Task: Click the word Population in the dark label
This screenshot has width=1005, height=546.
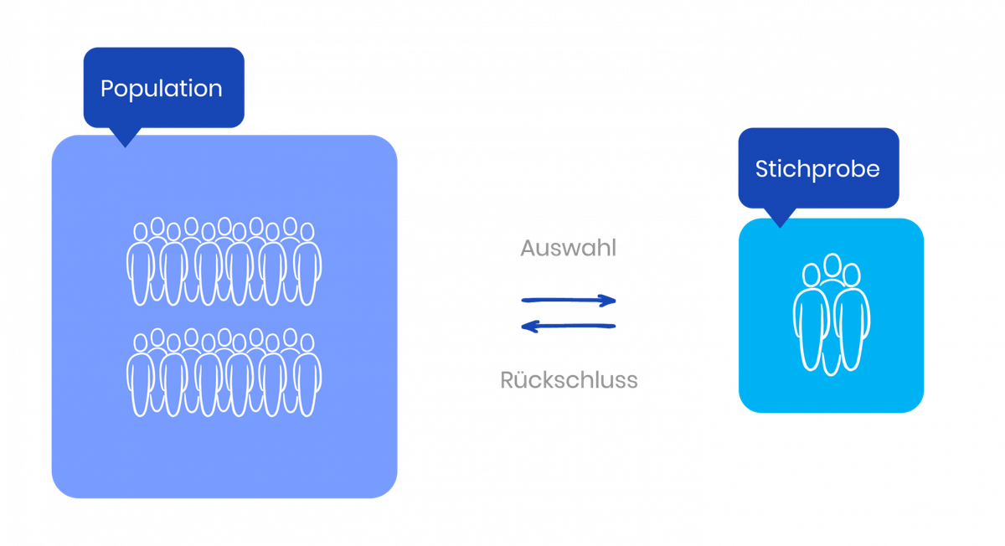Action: click(x=162, y=90)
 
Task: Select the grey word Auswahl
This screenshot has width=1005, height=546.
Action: click(x=568, y=248)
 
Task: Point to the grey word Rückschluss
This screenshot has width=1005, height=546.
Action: click(x=569, y=380)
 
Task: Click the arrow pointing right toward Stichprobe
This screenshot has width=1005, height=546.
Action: click(x=569, y=300)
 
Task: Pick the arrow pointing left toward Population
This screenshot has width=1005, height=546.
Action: click(x=568, y=326)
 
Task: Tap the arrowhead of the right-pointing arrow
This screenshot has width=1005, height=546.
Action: click(x=608, y=301)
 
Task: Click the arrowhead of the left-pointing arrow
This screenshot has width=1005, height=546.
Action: click(x=529, y=326)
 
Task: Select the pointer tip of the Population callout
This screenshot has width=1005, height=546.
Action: click(x=126, y=147)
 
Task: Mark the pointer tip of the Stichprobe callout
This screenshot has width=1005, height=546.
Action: click(x=780, y=228)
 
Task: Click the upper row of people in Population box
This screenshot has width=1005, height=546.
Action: click(x=224, y=261)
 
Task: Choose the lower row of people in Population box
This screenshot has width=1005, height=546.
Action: click(x=224, y=373)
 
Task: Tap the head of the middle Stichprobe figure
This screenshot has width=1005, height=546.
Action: click(x=832, y=265)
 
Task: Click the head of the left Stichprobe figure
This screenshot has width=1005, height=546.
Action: click(x=811, y=275)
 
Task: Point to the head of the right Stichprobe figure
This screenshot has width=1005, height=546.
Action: click(x=851, y=275)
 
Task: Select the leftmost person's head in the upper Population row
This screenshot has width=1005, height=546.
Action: click(x=141, y=232)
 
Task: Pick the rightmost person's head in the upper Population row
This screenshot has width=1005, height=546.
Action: click(x=307, y=232)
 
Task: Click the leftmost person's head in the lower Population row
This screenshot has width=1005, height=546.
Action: click(x=141, y=343)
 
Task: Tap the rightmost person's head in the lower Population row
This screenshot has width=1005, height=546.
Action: click(x=307, y=343)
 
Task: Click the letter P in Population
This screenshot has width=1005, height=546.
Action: click(x=107, y=89)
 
